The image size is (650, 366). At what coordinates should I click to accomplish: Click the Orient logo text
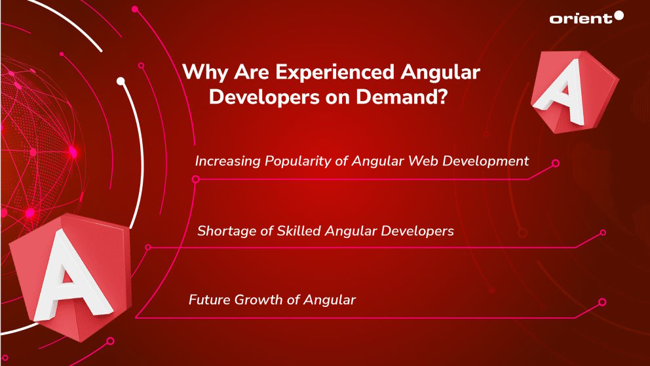point(580,18)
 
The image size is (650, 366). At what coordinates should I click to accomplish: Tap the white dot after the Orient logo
point(619,16)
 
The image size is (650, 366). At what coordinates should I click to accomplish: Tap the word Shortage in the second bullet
point(225,231)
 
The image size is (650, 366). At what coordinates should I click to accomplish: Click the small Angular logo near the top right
point(571,89)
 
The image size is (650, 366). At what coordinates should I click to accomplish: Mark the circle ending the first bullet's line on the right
point(556,163)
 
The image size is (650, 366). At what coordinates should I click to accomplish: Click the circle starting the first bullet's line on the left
point(195,178)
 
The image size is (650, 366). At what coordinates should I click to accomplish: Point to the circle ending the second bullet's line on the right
point(603,232)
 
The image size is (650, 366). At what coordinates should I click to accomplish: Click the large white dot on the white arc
point(121,81)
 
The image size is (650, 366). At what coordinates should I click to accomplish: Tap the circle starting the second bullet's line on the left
point(148,247)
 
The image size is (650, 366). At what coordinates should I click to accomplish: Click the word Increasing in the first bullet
point(226,161)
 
